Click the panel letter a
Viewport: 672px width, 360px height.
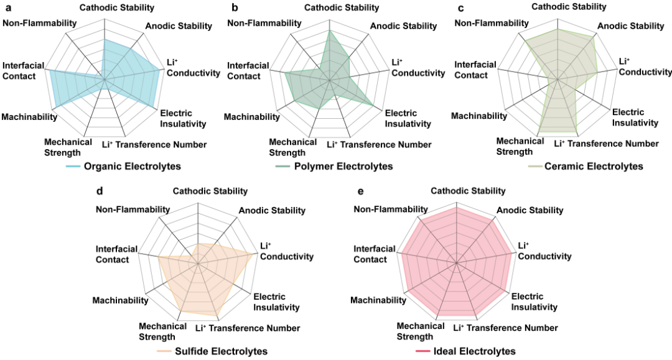click(x=9, y=8)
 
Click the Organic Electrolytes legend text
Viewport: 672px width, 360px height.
click(x=132, y=167)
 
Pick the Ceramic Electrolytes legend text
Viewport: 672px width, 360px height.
click(x=594, y=167)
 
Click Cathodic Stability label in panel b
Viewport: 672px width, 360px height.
click(x=342, y=7)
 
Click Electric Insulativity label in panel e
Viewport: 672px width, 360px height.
click(x=534, y=302)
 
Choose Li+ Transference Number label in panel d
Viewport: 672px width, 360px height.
click(x=248, y=328)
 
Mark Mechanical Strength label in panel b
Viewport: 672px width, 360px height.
click(x=292, y=147)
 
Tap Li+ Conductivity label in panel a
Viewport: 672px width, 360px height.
click(x=193, y=68)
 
